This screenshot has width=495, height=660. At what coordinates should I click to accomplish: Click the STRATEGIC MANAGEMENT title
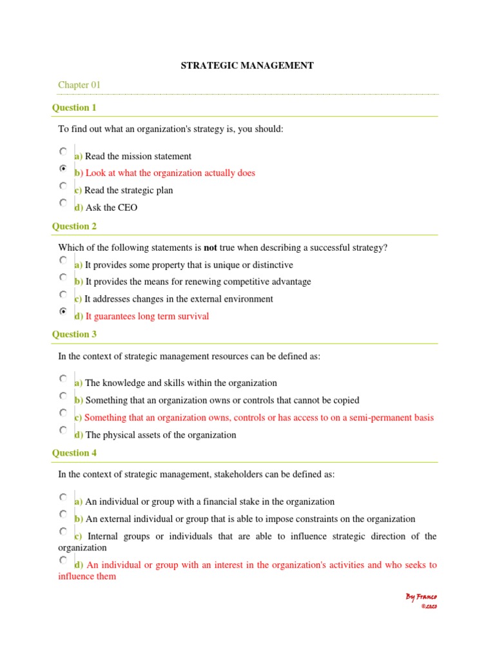tap(247, 66)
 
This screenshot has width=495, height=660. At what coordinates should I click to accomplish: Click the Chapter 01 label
tap(79, 85)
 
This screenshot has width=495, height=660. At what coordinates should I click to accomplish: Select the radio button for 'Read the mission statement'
tap(63, 151)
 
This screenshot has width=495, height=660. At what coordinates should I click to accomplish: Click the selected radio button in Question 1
tap(63, 168)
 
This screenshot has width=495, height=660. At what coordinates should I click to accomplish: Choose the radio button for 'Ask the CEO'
tap(63, 202)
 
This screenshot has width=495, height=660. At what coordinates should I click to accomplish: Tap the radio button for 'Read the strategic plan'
tap(63, 186)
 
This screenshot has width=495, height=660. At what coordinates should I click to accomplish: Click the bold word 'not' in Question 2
tap(211, 248)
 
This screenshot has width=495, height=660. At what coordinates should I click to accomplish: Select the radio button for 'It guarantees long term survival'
tap(63, 311)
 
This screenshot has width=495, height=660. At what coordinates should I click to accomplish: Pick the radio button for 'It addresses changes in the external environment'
tap(63, 294)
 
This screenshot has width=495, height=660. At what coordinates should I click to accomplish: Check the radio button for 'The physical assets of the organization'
tap(63, 430)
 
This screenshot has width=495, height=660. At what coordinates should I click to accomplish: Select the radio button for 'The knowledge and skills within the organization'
tap(63, 378)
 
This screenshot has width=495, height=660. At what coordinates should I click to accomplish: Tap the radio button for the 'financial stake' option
tap(63, 497)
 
